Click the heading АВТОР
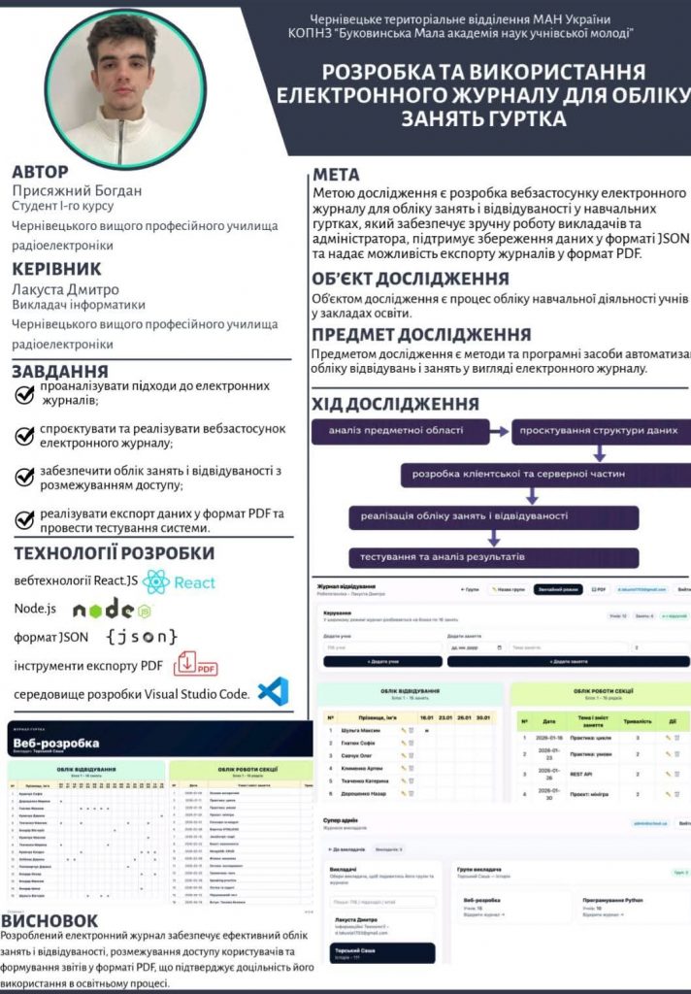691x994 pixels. tap(41, 172)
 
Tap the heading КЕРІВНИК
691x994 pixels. tap(56, 269)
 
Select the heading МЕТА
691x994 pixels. tap(336, 175)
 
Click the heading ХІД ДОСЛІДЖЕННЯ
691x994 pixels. tap(396, 403)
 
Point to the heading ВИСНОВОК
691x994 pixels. tap(50, 920)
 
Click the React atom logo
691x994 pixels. tap(156, 582)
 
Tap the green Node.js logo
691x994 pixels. tap(113, 610)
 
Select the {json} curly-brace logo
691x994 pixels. tap(142, 637)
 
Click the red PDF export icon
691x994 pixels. tap(195, 665)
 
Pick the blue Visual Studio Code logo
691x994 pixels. tap(273, 691)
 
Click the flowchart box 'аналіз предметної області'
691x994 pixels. tap(396, 430)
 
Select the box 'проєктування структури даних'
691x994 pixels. tap(602, 430)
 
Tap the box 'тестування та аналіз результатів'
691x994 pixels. tap(442, 558)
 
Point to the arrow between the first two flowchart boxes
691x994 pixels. tap(495, 430)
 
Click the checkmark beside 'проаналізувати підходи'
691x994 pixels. tap(25, 394)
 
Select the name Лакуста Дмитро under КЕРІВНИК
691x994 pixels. tap(65, 288)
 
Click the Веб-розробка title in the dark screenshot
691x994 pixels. tap(56, 744)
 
